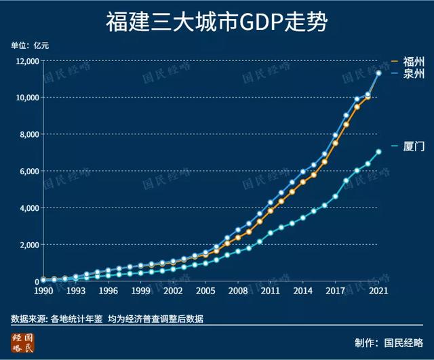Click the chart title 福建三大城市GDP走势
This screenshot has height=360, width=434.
pyautogui.click(x=217, y=22)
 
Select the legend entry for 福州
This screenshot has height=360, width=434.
pyautogui.click(x=413, y=61)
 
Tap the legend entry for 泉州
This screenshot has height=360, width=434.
pyautogui.click(x=413, y=74)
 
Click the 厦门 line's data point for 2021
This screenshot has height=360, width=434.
pyautogui.click(x=378, y=152)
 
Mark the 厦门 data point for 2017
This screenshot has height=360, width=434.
pyautogui.click(x=336, y=197)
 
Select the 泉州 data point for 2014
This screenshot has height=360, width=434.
pyautogui.click(x=303, y=172)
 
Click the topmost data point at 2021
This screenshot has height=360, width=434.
pyautogui.click(x=378, y=73)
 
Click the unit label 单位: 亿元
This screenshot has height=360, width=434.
pyautogui.click(x=30, y=45)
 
